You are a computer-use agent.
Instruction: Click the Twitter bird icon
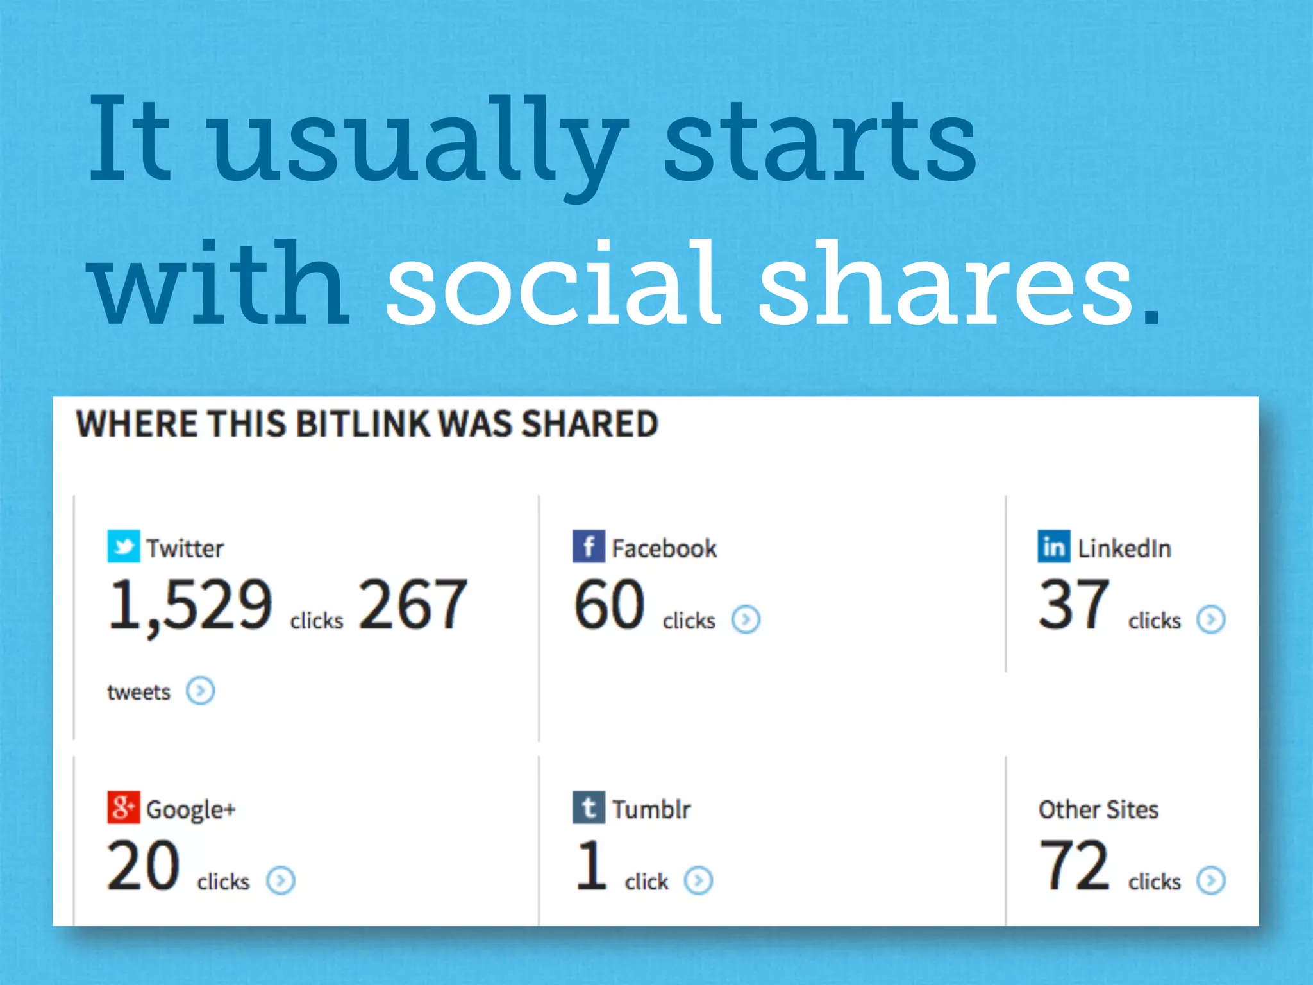click(x=123, y=546)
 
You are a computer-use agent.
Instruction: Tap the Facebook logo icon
click(x=589, y=546)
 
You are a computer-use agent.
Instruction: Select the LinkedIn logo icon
click(x=1053, y=546)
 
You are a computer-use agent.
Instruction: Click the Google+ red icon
click(x=123, y=807)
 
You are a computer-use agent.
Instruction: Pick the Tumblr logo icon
click(x=589, y=807)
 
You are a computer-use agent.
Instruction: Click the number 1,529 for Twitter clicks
click(x=190, y=605)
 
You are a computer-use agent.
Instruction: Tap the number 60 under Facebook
click(x=609, y=605)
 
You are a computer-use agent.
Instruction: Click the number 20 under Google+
click(x=143, y=866)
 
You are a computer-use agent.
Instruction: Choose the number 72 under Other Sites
click(x=1074, y=866)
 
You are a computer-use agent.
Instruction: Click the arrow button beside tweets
click(x=200, y=691)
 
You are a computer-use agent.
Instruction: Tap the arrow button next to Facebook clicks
click(x=746, y=619)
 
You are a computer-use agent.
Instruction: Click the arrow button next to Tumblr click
click(x=698, y=880)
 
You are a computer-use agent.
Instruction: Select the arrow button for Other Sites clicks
click(x=1210, y=880)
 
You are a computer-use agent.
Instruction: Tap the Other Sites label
click(x=1098, y=809)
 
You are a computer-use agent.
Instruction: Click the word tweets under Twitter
click(x=138, y=693)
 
